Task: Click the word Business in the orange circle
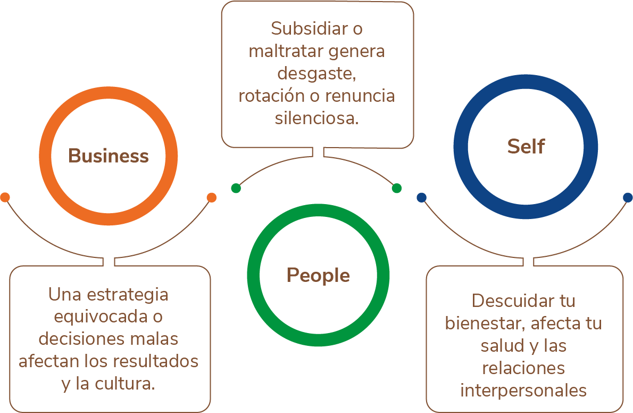[109, 156]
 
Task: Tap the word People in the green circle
[318, 276]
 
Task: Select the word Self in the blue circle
[526, 147]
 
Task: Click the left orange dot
[5, 197]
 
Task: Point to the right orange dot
[211, 197]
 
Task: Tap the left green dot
[236, 188]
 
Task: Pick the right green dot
[396, 188]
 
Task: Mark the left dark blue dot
[422, 197]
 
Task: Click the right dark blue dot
[628, 197]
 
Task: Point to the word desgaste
[316, 74]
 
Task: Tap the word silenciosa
[316, 118]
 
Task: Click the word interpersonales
[523, 390]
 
